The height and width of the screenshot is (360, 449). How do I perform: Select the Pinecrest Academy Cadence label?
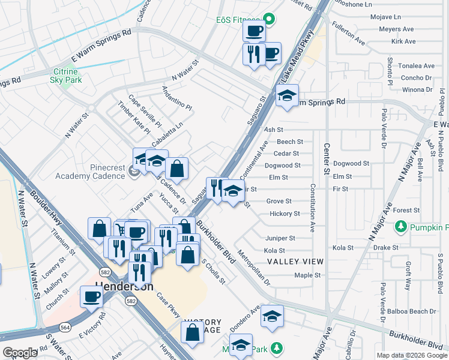(90, 171)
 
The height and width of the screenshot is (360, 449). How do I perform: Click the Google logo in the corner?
(19, 352)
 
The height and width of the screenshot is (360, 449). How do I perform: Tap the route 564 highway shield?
(64, 327)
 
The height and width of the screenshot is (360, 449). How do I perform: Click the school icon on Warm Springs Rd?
(287, 96)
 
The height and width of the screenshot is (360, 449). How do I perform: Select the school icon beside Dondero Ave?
(272, 316)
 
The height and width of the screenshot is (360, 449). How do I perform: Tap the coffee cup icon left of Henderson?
(92, 296)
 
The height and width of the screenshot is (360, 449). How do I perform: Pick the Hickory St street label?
(285, 214)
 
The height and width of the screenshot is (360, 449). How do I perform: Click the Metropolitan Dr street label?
(255, 267)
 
